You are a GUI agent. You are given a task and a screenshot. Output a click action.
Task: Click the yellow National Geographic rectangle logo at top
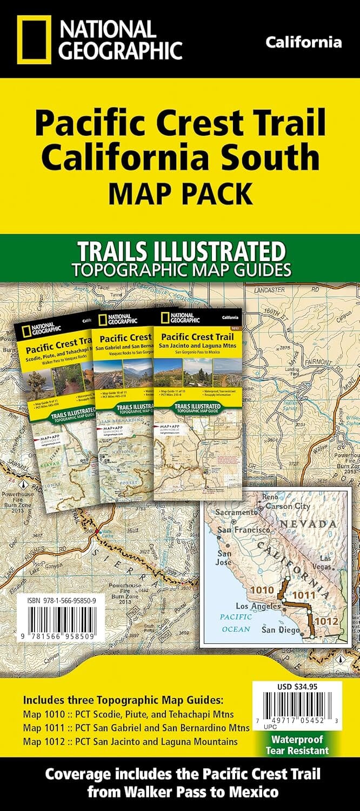pyautogui.click(x=34, y=39)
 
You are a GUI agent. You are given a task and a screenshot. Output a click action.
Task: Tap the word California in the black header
pyautogui.click(x=304, y=43)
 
